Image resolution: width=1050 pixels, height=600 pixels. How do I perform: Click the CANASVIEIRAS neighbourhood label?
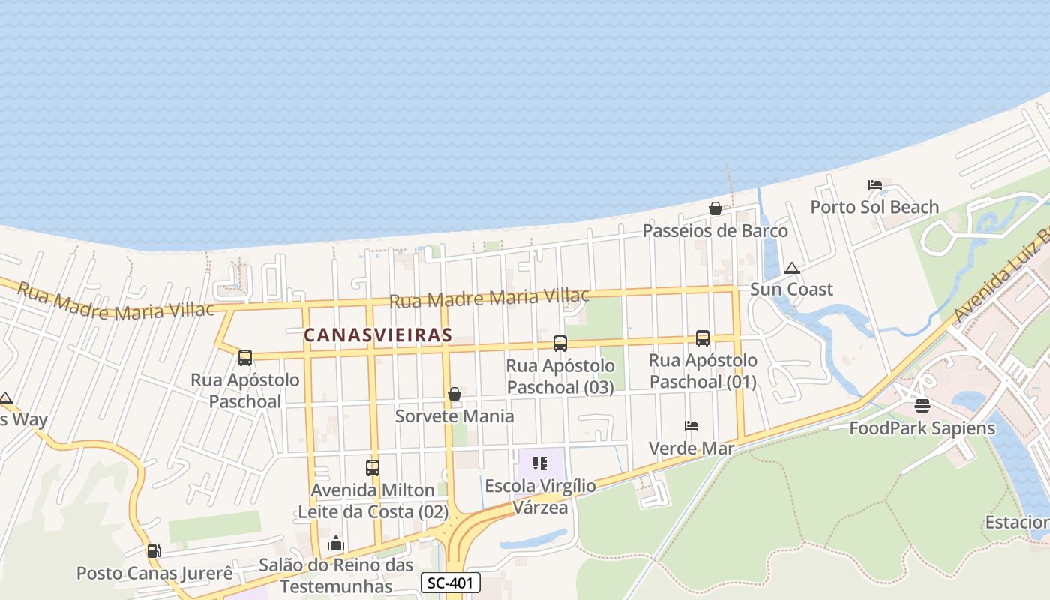point(378,334)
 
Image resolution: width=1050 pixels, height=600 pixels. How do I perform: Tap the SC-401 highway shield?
point(450,583)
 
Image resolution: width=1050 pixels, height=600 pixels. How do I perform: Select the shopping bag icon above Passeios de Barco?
point(715,208)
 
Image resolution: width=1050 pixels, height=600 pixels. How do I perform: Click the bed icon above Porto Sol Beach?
point(874,185)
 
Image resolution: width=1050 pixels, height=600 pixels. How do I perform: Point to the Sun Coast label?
point(791,289)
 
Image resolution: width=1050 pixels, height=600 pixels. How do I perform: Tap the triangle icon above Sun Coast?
point(791,268)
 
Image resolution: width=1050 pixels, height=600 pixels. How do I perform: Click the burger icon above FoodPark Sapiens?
point(922,406)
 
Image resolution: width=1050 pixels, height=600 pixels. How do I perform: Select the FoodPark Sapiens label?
point(922,428)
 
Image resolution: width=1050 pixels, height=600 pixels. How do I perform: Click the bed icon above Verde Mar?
point(691,427)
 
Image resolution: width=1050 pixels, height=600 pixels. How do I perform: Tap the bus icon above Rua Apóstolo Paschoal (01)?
point(703,338)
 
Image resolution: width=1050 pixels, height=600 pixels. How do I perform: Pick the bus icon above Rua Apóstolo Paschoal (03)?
point(560,343)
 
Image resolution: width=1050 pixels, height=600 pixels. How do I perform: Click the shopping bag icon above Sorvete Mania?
point(454,394)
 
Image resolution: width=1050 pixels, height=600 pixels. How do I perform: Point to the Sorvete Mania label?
point(454,415)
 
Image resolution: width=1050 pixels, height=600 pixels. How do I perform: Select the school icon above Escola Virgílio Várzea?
point(540,463)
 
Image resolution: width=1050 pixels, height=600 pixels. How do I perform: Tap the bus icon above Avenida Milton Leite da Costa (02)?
point(373,468)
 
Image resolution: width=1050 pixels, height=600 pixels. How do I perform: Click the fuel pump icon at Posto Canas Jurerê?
point(154,551)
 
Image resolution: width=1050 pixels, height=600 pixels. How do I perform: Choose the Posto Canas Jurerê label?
point(154,574)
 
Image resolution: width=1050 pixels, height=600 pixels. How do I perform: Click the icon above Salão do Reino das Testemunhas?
point(336,543)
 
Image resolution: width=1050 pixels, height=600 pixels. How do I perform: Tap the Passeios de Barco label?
point(715,230)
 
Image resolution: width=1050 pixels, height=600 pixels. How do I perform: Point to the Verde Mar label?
point(691,448)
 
